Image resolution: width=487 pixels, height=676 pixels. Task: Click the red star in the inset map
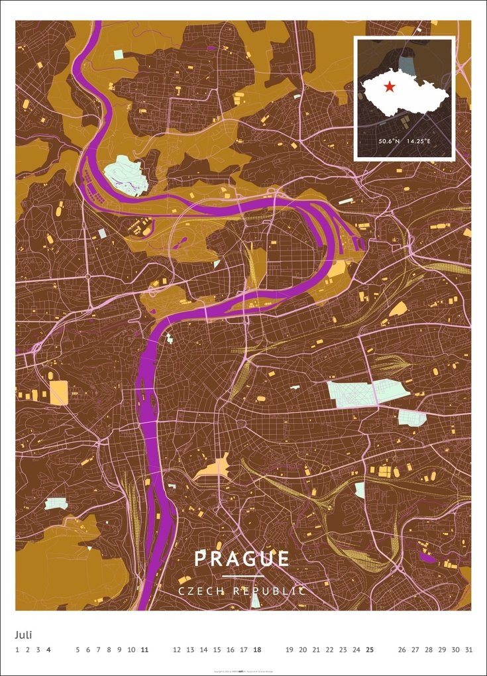pos(390,87)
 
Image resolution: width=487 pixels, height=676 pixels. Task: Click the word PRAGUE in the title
pos(242,559)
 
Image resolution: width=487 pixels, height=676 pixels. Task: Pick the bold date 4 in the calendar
pos(49,649)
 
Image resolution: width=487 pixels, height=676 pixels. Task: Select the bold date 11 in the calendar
pos(144,649)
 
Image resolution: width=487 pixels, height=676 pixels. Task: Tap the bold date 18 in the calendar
pos(257,649)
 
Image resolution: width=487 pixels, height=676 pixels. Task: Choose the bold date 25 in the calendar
pos(370,649)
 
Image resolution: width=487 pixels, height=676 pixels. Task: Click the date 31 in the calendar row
pos(469,649)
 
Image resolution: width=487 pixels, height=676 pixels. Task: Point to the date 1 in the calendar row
pos(17,649)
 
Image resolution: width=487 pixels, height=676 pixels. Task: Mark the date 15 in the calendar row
pos(217,649)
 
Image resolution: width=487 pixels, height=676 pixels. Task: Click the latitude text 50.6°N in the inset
pos(389,141)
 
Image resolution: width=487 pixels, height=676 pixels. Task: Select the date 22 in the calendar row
pos(329,649)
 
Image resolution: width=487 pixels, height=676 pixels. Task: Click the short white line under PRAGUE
pos(243,576)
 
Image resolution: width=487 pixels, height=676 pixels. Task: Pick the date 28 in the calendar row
pos(429,649)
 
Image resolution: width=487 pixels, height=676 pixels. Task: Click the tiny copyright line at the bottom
pos(243,671)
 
